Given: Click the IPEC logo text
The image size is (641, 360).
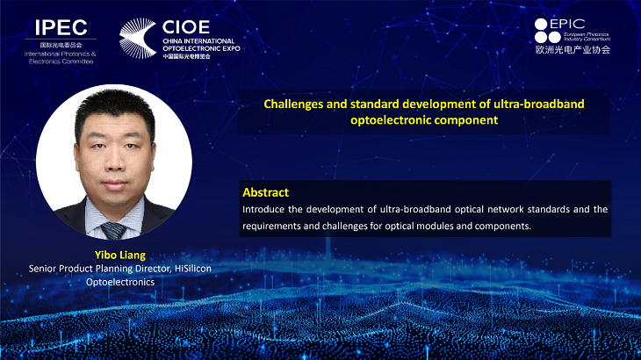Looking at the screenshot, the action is coord(61,28).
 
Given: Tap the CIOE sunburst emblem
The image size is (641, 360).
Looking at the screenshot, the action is coord(138,38).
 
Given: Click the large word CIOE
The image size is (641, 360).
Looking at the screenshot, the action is coord(186,27).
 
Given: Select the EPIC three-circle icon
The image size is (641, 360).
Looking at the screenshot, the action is coord(547,31).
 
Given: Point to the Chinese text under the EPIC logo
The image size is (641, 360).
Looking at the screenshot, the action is coord(573,50).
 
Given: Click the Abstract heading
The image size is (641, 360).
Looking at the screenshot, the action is coord(266,192).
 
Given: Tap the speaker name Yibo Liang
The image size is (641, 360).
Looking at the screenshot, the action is coord(120,255).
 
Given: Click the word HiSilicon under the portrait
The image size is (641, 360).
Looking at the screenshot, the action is coord(193,269).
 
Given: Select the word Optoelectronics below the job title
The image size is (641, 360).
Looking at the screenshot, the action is coord(120,282).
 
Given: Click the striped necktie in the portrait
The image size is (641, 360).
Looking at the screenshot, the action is coord(113,231).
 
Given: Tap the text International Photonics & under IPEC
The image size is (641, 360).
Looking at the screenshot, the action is coord(60,54).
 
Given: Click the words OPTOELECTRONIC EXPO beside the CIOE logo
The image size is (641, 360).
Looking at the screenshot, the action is coord(201,48).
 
